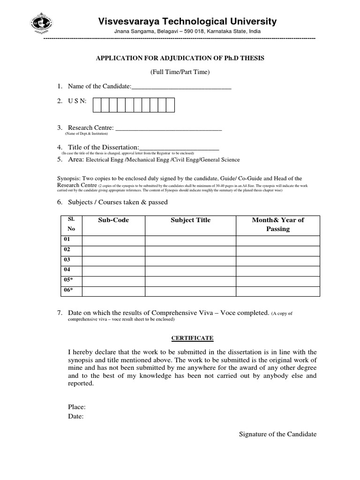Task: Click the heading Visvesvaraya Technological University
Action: click(x=187, y=22)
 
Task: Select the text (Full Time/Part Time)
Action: click(x=180, y=72)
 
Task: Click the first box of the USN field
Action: click(x=97, y=105)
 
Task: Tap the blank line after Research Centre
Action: click(x=168, y=128)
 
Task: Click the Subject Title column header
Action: click(x=190, y=220)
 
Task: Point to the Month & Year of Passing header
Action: click(x=278, y=225)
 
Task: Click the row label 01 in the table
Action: click(x=67, y=240)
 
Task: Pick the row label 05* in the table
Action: click(x=68, y=280)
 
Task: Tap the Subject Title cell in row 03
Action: click(x=190, y=260)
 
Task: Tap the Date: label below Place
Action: click(x=76, y=416)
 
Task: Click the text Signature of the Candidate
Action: click(x=277, y=434)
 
